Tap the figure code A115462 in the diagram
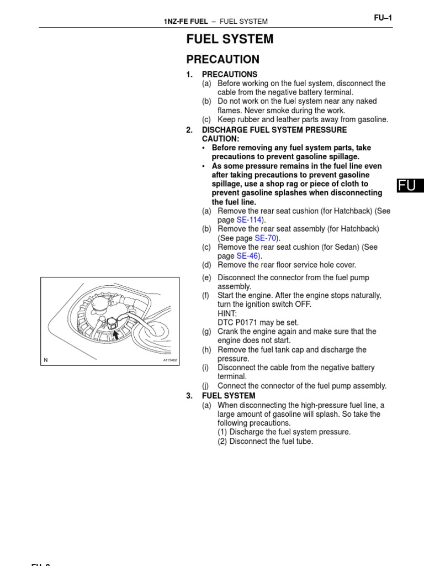click(169, 360)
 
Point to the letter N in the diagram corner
click(46, 360)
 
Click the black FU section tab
click(410, 186)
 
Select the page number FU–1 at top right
click(383, 18)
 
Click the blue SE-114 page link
click(249, 220)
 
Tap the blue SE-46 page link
click(247, 256)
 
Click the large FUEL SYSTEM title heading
click(230, 39)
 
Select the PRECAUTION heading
click(222, 59)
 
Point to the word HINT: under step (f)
click(227, 313)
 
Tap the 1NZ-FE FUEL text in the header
click(185, 22)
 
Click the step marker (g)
click(206, 332)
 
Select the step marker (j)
click(205, 386)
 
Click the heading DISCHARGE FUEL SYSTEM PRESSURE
click(274, 130)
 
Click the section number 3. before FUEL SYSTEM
click(189, 396)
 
